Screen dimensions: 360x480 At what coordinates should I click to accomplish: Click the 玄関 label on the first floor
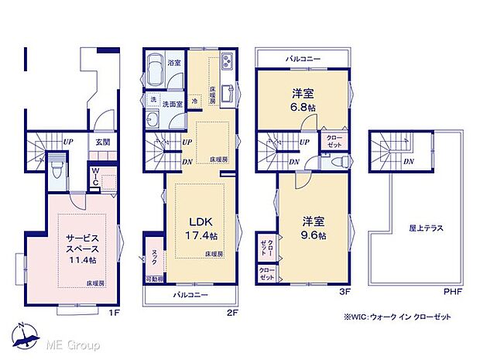[103, 142]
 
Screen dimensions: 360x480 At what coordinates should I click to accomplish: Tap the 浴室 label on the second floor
[174, 63]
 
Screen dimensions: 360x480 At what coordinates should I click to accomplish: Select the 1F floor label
[114, 313]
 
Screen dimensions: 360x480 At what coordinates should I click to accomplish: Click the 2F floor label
[231, 313]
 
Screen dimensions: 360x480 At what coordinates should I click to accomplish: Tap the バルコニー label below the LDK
[190, 295]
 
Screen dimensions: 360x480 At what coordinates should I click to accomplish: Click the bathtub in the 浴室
[154, 70]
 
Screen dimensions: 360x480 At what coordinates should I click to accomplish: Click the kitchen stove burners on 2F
[226, 60]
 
